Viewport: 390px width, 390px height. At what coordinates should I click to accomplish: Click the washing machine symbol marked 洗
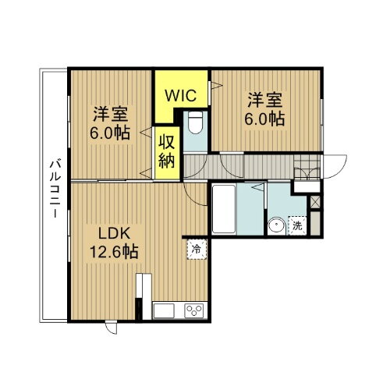(297, 226)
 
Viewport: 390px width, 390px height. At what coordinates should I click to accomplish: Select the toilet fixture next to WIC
(196, 123)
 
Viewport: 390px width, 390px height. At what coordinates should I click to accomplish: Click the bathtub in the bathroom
(225, 211)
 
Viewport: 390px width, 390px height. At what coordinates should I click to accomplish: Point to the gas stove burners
(193, 311)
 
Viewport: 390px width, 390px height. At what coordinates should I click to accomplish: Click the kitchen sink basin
(164, 311)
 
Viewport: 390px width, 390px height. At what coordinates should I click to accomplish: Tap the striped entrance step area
(306, 166)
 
